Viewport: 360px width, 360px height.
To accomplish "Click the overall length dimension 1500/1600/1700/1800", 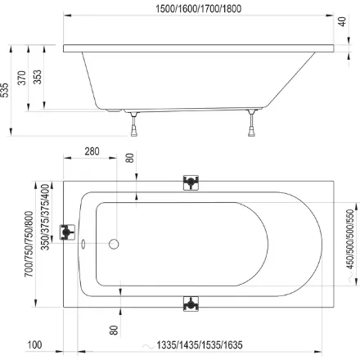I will point(200,8).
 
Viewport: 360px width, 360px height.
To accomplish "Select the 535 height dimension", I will point(7,88).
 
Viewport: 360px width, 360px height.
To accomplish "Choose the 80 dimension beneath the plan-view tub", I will point(114,330).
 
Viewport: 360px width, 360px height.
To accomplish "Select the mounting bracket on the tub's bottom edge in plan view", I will point(190,304).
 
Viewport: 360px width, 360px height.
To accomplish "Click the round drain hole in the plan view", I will point(114,244).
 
